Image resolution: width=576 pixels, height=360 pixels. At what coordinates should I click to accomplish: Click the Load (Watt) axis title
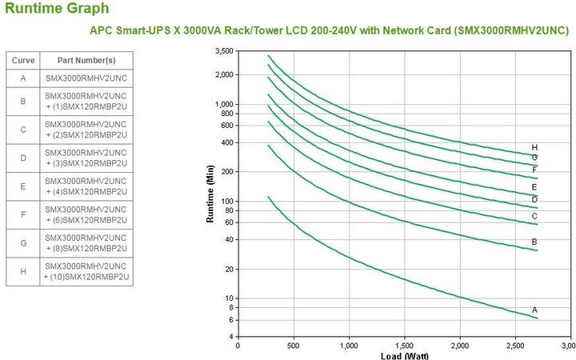(403, 354)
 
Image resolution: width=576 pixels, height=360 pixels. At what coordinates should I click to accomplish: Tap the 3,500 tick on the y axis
(225, 50)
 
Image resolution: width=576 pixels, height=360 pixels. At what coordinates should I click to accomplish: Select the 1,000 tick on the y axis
(225, 104)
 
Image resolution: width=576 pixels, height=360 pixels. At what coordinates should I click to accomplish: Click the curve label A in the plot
(534, 310)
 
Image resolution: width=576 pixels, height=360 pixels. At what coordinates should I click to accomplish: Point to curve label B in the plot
(534, 242)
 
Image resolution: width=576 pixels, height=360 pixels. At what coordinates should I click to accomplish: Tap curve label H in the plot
(534, 147)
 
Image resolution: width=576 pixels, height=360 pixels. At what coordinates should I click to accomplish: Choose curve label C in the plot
(534, 216)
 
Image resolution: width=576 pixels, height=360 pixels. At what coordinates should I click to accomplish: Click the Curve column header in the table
(23, 61)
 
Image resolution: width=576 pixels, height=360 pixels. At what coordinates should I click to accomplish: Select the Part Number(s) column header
(86, 61)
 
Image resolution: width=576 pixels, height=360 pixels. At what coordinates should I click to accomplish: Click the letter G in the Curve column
(23, 243)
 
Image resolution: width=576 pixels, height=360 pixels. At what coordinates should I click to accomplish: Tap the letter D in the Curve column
(23, 158)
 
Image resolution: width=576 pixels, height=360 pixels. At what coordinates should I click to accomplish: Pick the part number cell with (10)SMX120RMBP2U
(86, 271)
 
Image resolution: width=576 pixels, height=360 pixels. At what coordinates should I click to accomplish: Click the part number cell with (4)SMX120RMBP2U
(86, 186)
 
